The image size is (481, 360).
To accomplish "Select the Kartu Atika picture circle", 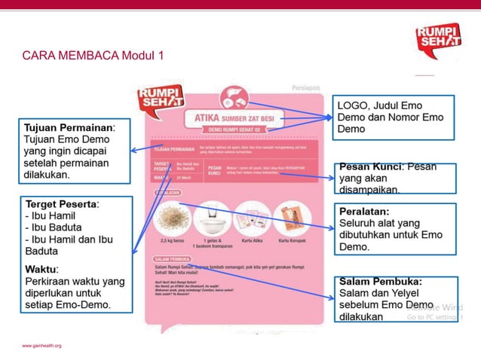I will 253,218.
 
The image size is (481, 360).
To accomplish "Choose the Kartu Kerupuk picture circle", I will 292,218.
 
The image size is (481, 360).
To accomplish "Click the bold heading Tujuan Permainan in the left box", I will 69,128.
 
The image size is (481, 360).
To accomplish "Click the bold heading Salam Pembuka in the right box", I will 379,282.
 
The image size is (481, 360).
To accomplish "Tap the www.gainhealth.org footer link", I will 41,346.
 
